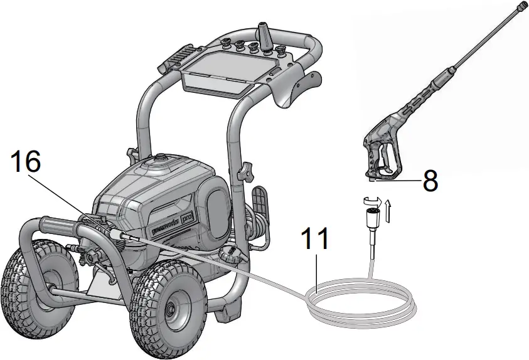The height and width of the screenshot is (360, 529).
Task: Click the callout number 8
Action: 429,180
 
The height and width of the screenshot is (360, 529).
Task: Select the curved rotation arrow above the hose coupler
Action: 371,201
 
